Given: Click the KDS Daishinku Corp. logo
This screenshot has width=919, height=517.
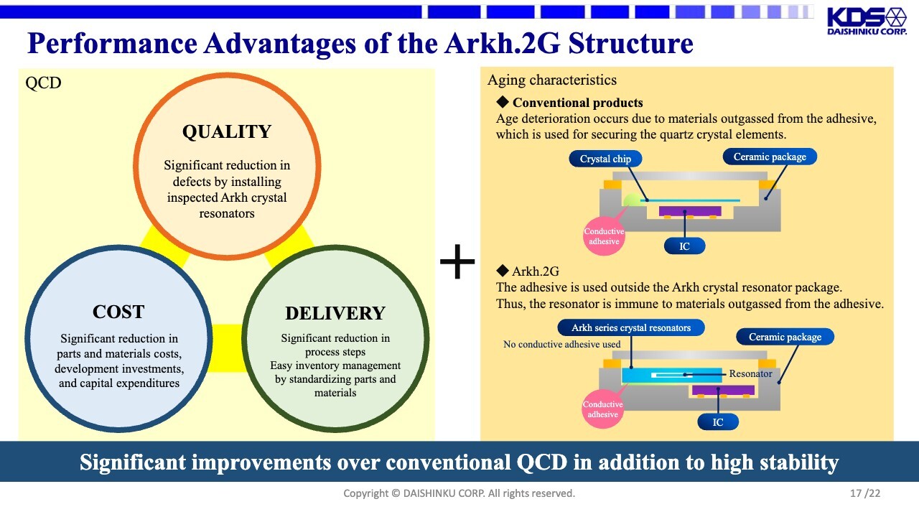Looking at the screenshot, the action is pyautogui.click(x=867, y=22).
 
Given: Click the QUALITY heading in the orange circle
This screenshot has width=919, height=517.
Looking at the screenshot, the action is pyautogui.click(x=227, y=131).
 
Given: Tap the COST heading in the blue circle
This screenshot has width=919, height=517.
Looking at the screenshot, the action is pyautogui.click(x=118, y=312).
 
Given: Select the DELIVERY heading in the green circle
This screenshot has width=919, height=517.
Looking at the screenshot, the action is pyautogui.click(x=335, y=314).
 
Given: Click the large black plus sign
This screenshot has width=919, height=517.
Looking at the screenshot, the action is pyautogui.click(x=457, y=261).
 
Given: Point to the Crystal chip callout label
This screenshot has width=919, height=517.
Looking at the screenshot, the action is pyautogui.click(x=605, y=159).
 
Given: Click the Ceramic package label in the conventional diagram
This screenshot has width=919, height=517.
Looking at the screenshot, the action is pyautogui.click(x=770, y=157).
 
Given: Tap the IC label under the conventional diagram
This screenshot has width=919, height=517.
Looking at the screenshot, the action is pyautogui.click(x=684, y=246).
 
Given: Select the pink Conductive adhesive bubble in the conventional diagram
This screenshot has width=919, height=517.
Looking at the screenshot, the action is pyautogui.click(x=604, y=236).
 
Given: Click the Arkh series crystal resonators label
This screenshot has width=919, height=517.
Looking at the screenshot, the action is pyautogui.click(x=631, y=327).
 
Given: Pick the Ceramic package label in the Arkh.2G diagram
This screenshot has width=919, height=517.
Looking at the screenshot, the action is pyautogui.click(x=785, y=337).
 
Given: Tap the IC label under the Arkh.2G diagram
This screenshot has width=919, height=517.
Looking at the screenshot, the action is pyautogui.click(x=718, y=422).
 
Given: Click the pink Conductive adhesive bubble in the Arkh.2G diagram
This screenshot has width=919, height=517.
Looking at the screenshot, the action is pyautogui.click(x=602, y=409).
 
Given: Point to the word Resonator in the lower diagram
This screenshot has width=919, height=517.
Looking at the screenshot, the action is pyautogui.click(x=750, y=374).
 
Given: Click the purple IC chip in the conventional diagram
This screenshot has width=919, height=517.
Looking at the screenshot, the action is pyautogui.click(x=690, y=211).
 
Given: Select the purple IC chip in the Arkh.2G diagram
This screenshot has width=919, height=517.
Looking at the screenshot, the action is pyautogui.click(x=723, y=390).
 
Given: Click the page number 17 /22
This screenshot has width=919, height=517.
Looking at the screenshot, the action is pyautogui.click(x=865, y=493).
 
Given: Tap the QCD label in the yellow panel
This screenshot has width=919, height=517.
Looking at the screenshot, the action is pyautogui.click(x=43, y=83).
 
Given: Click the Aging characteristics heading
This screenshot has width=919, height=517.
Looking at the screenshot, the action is pyautogui.click(x=552, y=80).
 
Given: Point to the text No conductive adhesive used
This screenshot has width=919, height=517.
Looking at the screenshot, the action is pyautogui.click(x=561, y=344).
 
